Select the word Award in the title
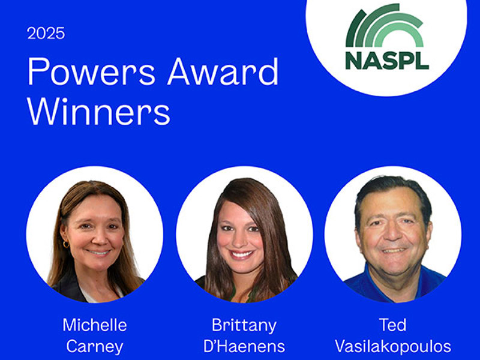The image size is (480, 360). click(x=223, y=72)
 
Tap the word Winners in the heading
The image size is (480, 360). click(x=99, y=112)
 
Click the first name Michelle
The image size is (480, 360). click(x=95, y=325)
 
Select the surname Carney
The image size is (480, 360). click(x=95, y=346)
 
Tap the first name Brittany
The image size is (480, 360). click(x=244, y=325)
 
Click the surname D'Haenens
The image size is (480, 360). click(x=244, y=346)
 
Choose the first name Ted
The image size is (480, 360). click(x=392, y=325)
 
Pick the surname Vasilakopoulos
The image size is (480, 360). click(x=392, y=346)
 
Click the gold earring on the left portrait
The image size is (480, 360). click(x=66, y=244)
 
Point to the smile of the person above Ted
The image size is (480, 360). click(x=394, y=250)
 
